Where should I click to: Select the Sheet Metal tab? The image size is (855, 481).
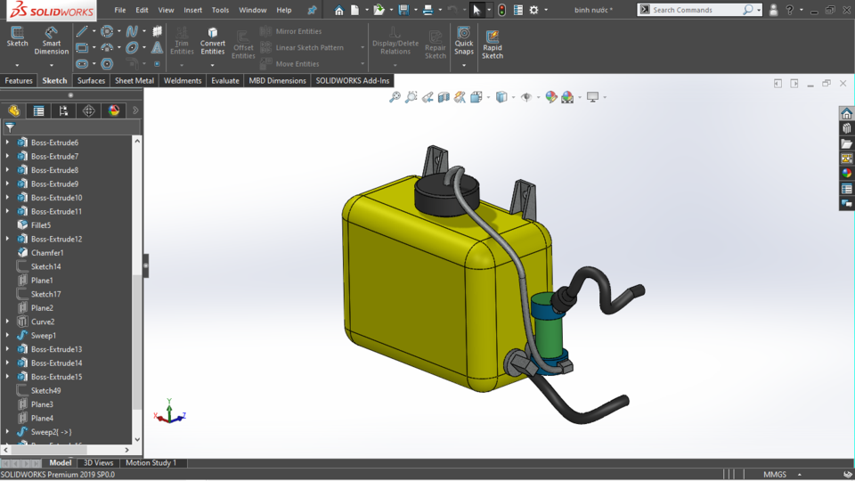coord(134,81)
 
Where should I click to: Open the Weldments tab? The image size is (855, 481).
coord(183,81)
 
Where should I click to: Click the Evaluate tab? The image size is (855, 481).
coord(225,81)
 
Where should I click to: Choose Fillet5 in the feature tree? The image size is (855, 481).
coord(41,225)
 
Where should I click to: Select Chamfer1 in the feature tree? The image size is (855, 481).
coord(47,253)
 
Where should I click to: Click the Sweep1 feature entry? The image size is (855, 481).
coord(43,336)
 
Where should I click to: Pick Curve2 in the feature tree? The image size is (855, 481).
coord(43,322)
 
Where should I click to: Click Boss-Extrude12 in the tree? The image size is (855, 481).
coord(56,239)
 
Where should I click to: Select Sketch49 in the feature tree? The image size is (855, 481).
coord(45,391)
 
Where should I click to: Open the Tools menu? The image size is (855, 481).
coord(220,10)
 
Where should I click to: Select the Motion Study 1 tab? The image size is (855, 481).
coord(151,463)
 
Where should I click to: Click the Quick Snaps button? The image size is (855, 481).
coord(464,41)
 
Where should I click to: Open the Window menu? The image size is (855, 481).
coord(252,10)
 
